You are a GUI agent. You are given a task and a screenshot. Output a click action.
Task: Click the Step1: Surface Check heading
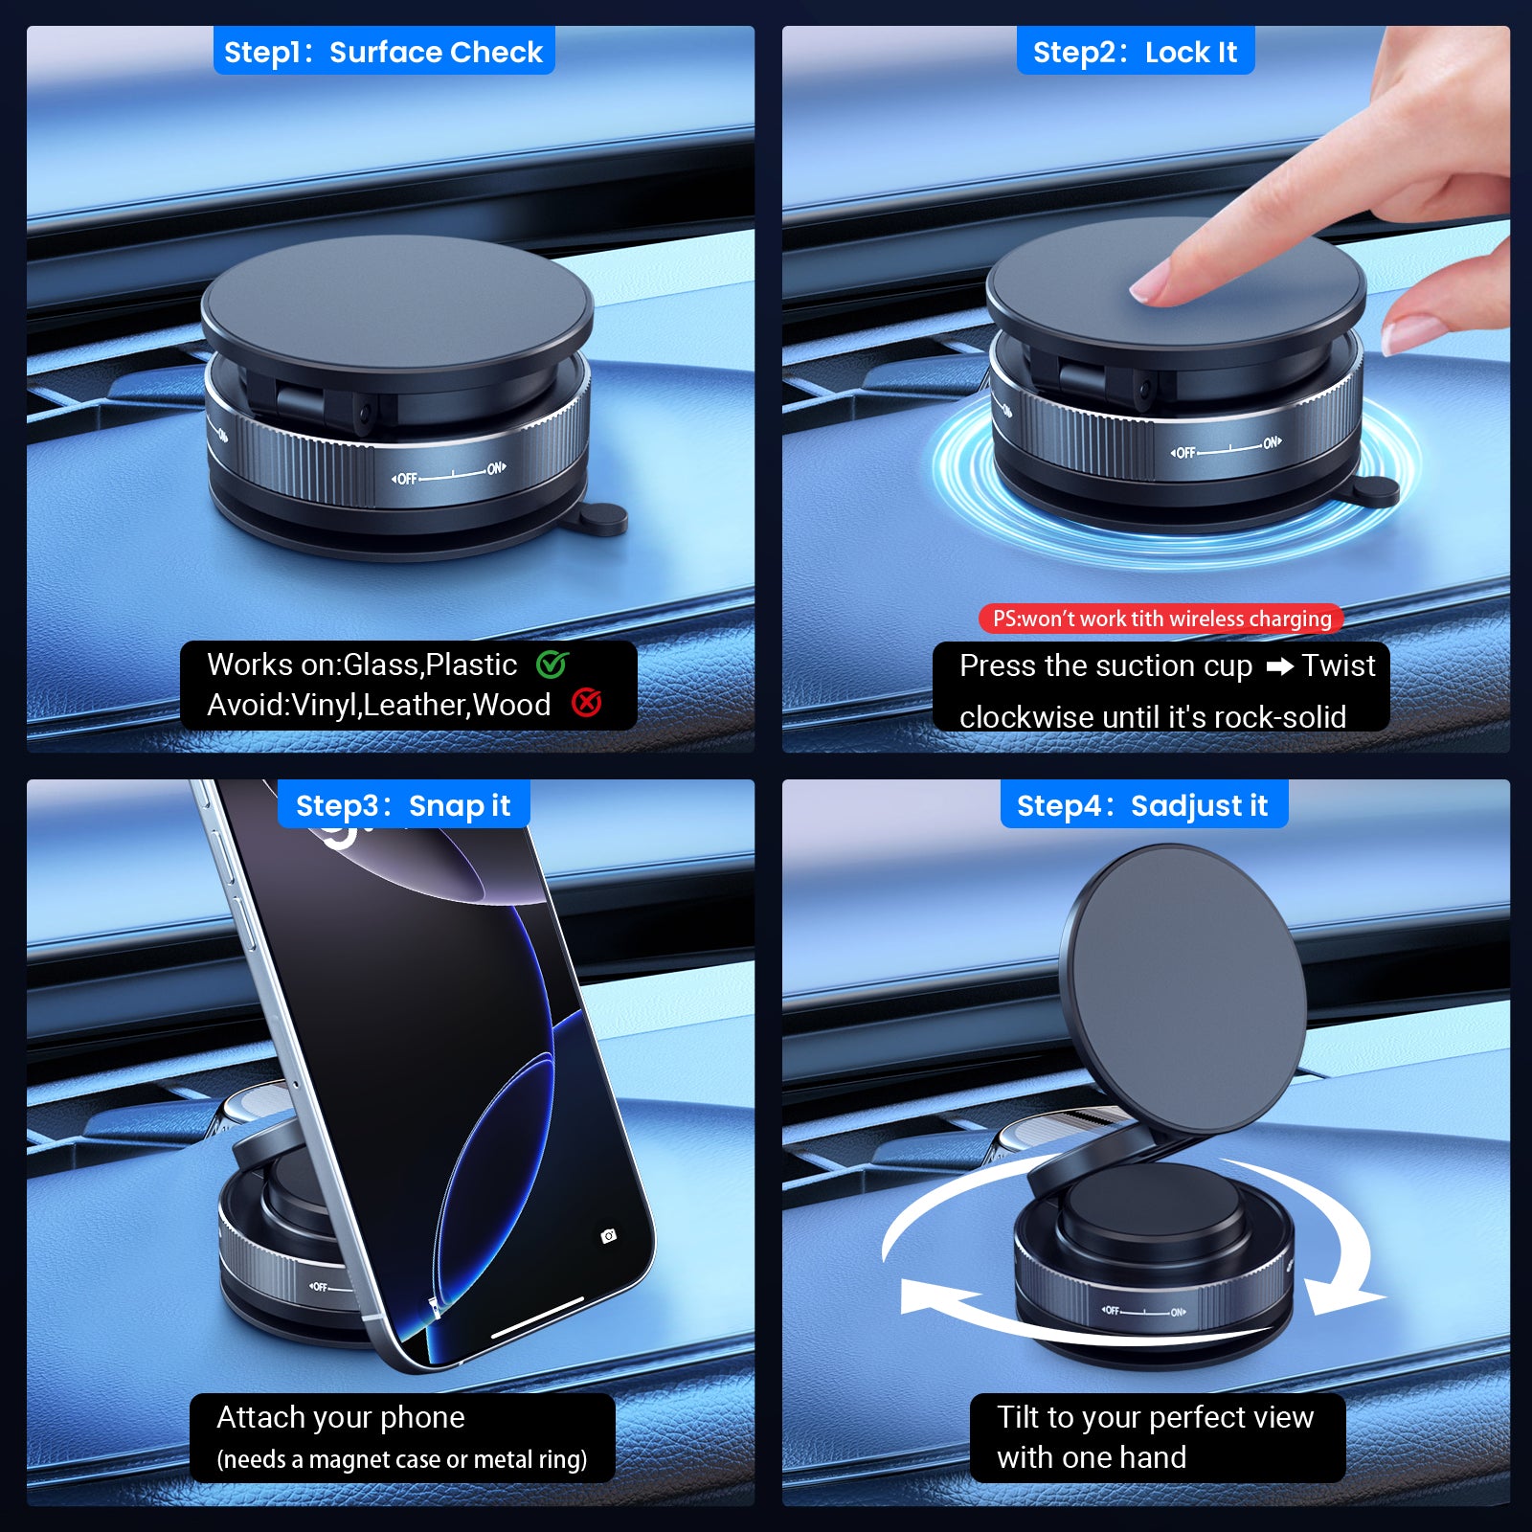[x=383, y=52]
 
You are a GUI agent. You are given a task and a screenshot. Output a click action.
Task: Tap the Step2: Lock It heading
[x=1135, y=52]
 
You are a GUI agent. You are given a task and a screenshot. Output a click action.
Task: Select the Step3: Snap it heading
[x=403, y=806]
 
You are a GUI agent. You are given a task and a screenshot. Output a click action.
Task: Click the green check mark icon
[x=552, y=664]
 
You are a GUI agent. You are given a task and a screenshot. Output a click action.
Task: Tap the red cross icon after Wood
[x=586, y=703]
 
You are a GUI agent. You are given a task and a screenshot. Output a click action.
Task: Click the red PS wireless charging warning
[x=1161, y=619]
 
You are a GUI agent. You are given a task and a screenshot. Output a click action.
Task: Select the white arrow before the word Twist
[x=1280, y=666]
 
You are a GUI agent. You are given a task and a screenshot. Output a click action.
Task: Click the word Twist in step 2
[x=1339, y=665]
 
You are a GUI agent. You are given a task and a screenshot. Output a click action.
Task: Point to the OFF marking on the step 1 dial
[x=406, y=479]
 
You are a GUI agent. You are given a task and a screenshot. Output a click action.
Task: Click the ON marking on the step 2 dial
[x=1273, y=442]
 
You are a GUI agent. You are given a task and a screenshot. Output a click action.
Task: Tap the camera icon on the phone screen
[x=608, y=1236]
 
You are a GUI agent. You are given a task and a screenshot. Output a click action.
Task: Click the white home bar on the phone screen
[x=537, y=1318]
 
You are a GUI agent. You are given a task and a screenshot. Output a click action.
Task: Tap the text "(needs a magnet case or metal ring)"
[x=402, y=1459]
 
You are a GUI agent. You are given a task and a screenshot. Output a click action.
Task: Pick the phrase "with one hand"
[x=1092, y=1457]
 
